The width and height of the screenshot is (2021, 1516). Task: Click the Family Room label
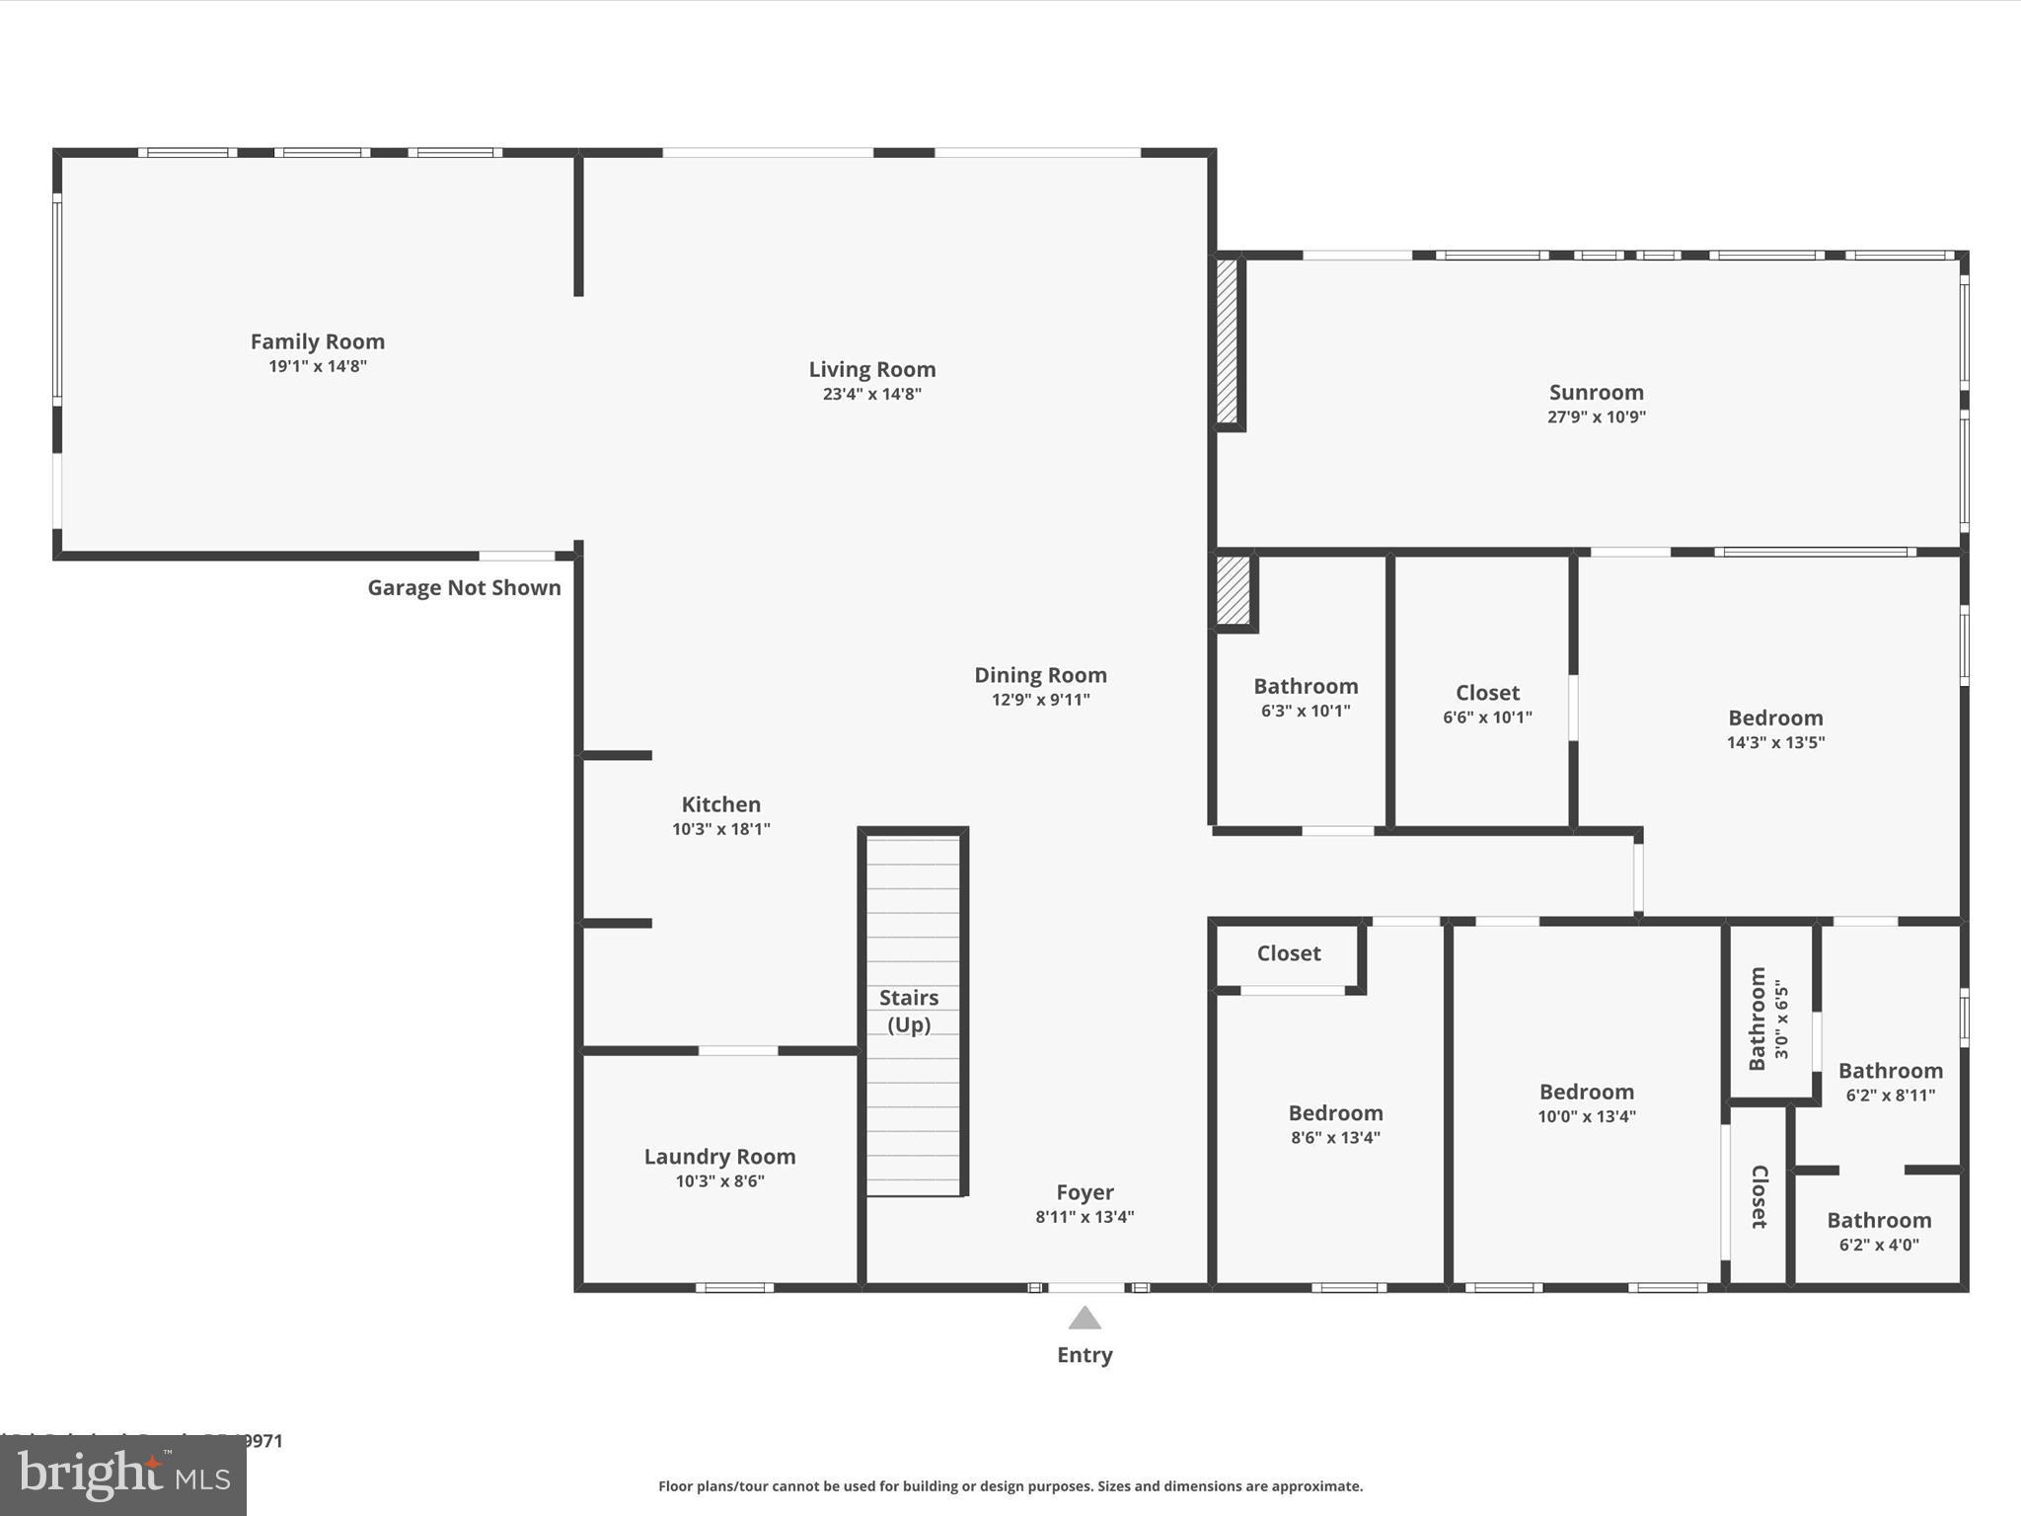pos(317,341)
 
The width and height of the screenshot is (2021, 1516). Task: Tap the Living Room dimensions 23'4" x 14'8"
pos(871,394)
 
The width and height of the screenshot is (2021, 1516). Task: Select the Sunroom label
pos(1596,392)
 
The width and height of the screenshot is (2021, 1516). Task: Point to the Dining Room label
pos(1040,675)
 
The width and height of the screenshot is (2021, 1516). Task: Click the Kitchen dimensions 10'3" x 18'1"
pos(720,829)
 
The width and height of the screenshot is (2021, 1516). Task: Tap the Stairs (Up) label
pos(908,1011)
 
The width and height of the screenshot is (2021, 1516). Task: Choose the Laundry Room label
pos(719,1156)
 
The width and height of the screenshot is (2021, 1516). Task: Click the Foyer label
pos(1085,1192)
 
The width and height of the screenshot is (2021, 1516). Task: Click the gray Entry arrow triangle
pos(1085,1320)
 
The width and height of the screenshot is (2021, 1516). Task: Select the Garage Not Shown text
pos(464,587)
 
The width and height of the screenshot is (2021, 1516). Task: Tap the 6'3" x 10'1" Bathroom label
pos(1306,686)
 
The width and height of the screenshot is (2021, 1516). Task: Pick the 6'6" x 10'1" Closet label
pos(1487,693)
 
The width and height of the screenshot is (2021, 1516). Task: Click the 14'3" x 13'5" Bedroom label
pos(1775,718)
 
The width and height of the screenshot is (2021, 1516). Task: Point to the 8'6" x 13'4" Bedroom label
pos(1335,1113)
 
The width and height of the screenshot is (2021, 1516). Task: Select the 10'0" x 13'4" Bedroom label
pos(1586,1092)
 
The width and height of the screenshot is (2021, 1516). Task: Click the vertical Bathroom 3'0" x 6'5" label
pos(1758,1019)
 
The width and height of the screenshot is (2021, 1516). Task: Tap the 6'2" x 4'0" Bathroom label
pos(1878,1220)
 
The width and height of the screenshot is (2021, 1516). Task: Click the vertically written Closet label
pos(1759,1196)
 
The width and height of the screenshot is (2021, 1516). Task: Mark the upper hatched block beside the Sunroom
pos(1227,341)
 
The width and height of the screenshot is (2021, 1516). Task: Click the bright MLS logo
pos(123,1476)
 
